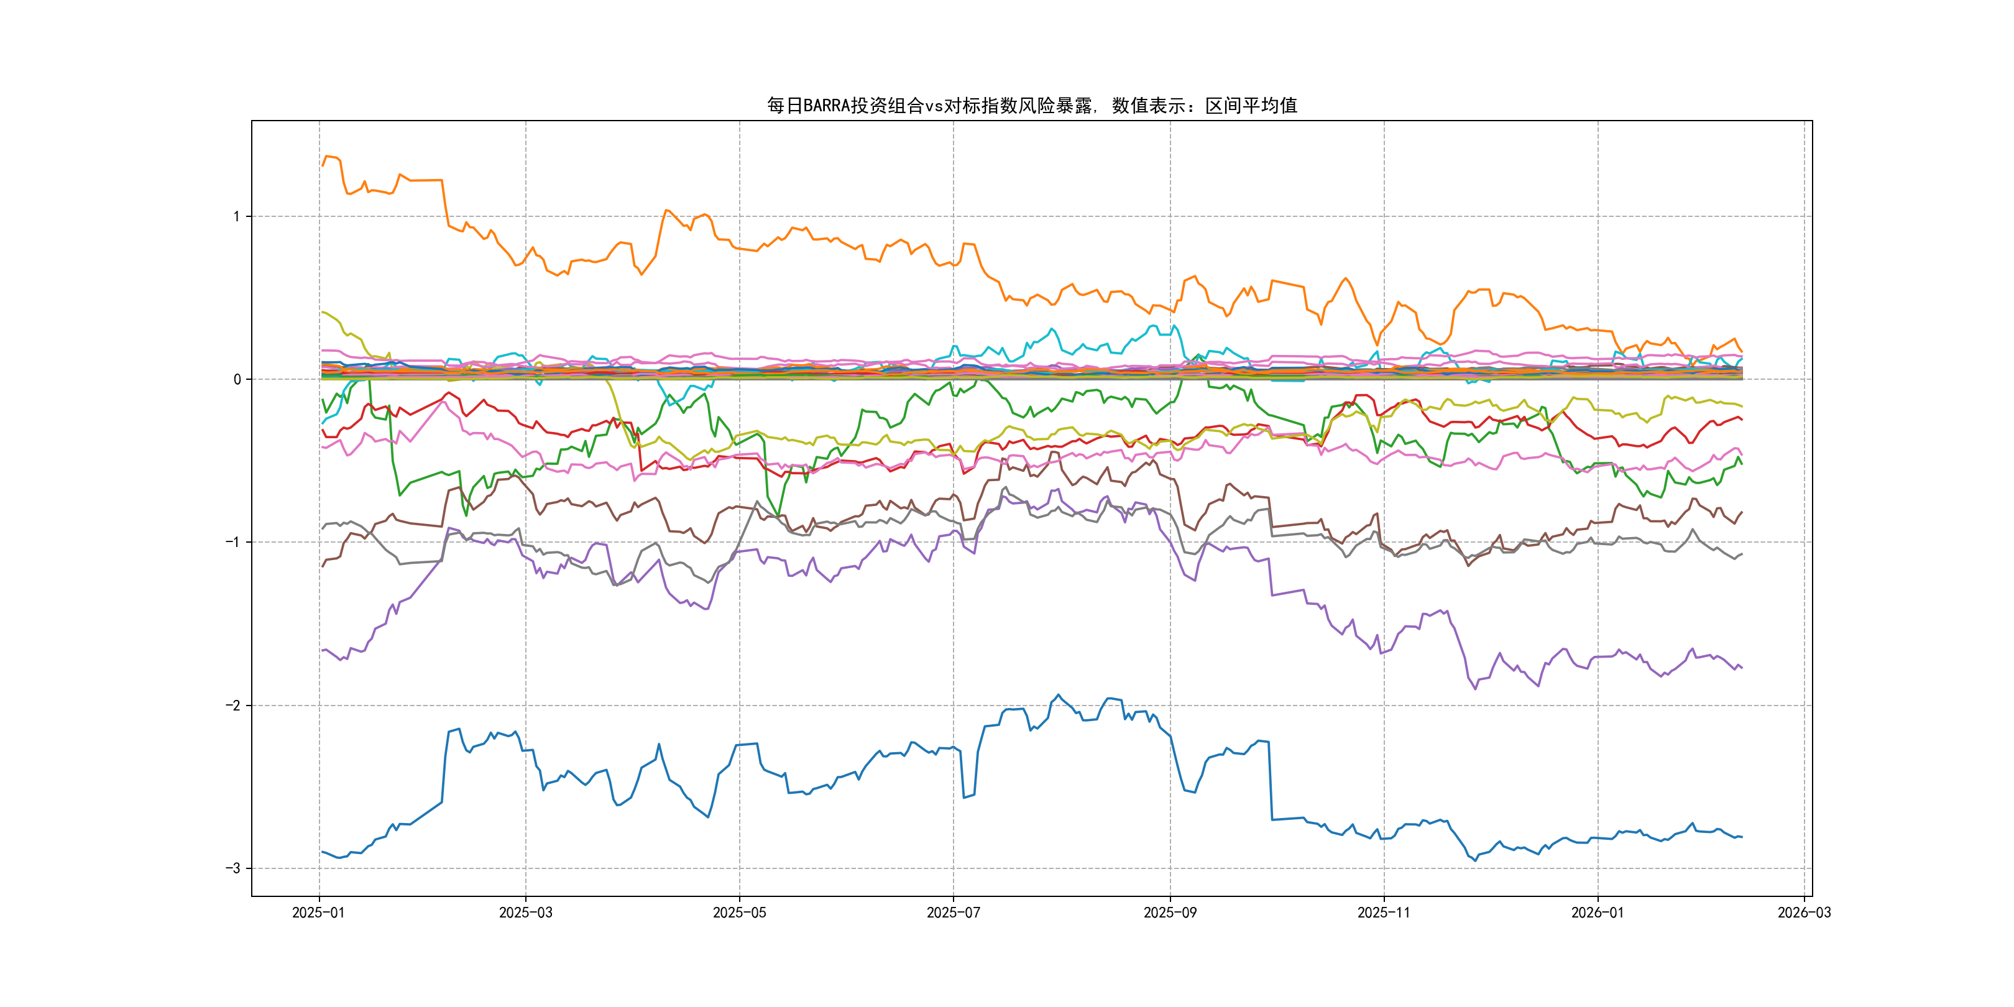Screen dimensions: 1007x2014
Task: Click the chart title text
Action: (1031, 106)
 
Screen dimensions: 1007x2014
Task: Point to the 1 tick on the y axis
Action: (237, 216)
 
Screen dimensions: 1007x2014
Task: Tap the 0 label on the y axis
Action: (237, 379)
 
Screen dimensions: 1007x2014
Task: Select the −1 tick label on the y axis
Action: (233, 542)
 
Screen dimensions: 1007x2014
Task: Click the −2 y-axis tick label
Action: (233, 706)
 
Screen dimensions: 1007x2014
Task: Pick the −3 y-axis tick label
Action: (233, 868)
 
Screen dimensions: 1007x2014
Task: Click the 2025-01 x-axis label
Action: (318, 913)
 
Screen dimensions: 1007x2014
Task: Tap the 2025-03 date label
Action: (525, 913)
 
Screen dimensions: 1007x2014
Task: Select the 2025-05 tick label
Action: (739, 913)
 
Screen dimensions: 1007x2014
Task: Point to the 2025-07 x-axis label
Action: (953, 913)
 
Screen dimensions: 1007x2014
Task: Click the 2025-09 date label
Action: (1170, 913)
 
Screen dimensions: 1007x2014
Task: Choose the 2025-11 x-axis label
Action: (1384, 913)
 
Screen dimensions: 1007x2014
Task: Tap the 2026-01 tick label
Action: (1598, 913)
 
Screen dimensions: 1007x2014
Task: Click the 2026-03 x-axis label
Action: (1804, 913)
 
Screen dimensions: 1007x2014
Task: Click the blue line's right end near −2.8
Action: (1742, 837)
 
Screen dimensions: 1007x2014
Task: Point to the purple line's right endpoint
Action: (1742, 668)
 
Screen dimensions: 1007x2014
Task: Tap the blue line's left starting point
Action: (322, 852)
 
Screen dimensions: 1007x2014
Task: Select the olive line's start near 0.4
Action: (322, 312)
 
